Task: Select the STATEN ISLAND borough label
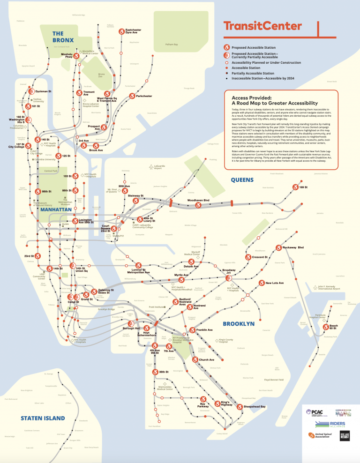[x=42, y=418]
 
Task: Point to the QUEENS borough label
[x=242, y=179]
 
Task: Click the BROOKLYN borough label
[x=239, y=323]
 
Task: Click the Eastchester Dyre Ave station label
[x=133, y=31]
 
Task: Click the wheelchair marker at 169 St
[x=295, y=187]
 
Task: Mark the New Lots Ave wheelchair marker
[x=262, y=283]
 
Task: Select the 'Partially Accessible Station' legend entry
[x=256, y=73]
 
